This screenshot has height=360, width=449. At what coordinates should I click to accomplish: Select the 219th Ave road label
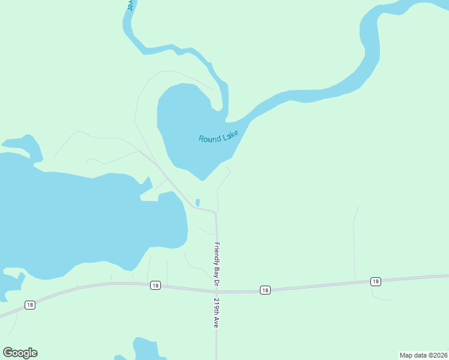(x=215, y=313)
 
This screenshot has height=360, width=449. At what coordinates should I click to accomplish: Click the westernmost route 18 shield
(x=30, y=305)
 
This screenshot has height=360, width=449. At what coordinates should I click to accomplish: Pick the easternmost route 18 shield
(x=376, y=281)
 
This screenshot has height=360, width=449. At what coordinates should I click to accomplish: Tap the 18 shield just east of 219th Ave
(x=265, y=290)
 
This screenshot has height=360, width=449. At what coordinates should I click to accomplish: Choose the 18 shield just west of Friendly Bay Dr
(x=155, y=286)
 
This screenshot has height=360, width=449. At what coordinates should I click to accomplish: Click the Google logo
(x=20, y=353)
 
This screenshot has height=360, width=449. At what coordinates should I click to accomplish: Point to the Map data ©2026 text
(x=423, y=355)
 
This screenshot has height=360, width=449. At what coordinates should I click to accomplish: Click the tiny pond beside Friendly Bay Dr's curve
(x=197, y=202)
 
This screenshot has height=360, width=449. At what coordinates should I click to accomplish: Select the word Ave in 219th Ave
(x=215, y=322)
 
